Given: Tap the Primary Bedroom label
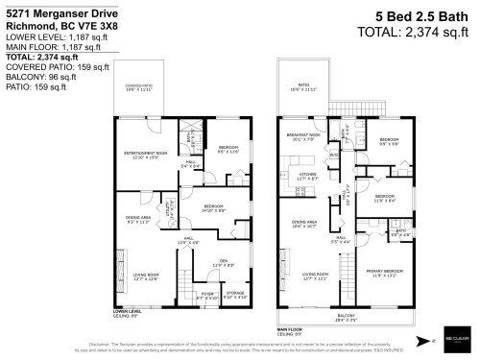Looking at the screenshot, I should [x=385, y=274].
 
